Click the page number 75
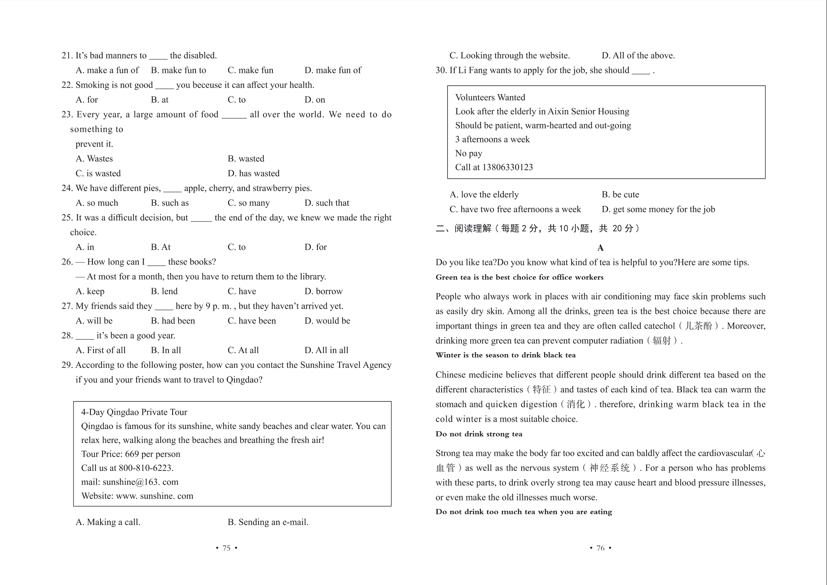226,548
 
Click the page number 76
600,548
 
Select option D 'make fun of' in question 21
333,70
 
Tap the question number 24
67,188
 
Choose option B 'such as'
170,203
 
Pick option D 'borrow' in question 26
323,291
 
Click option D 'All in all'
326,350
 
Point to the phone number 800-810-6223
145,468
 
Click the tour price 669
132,454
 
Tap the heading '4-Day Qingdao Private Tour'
134,412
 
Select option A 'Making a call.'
108,522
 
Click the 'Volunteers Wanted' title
490,97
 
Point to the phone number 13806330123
507,167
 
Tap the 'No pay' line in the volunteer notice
468,153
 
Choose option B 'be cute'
620,194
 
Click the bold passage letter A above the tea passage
600,248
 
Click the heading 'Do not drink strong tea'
479,434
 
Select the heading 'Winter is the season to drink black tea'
505,355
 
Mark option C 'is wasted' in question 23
98,173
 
